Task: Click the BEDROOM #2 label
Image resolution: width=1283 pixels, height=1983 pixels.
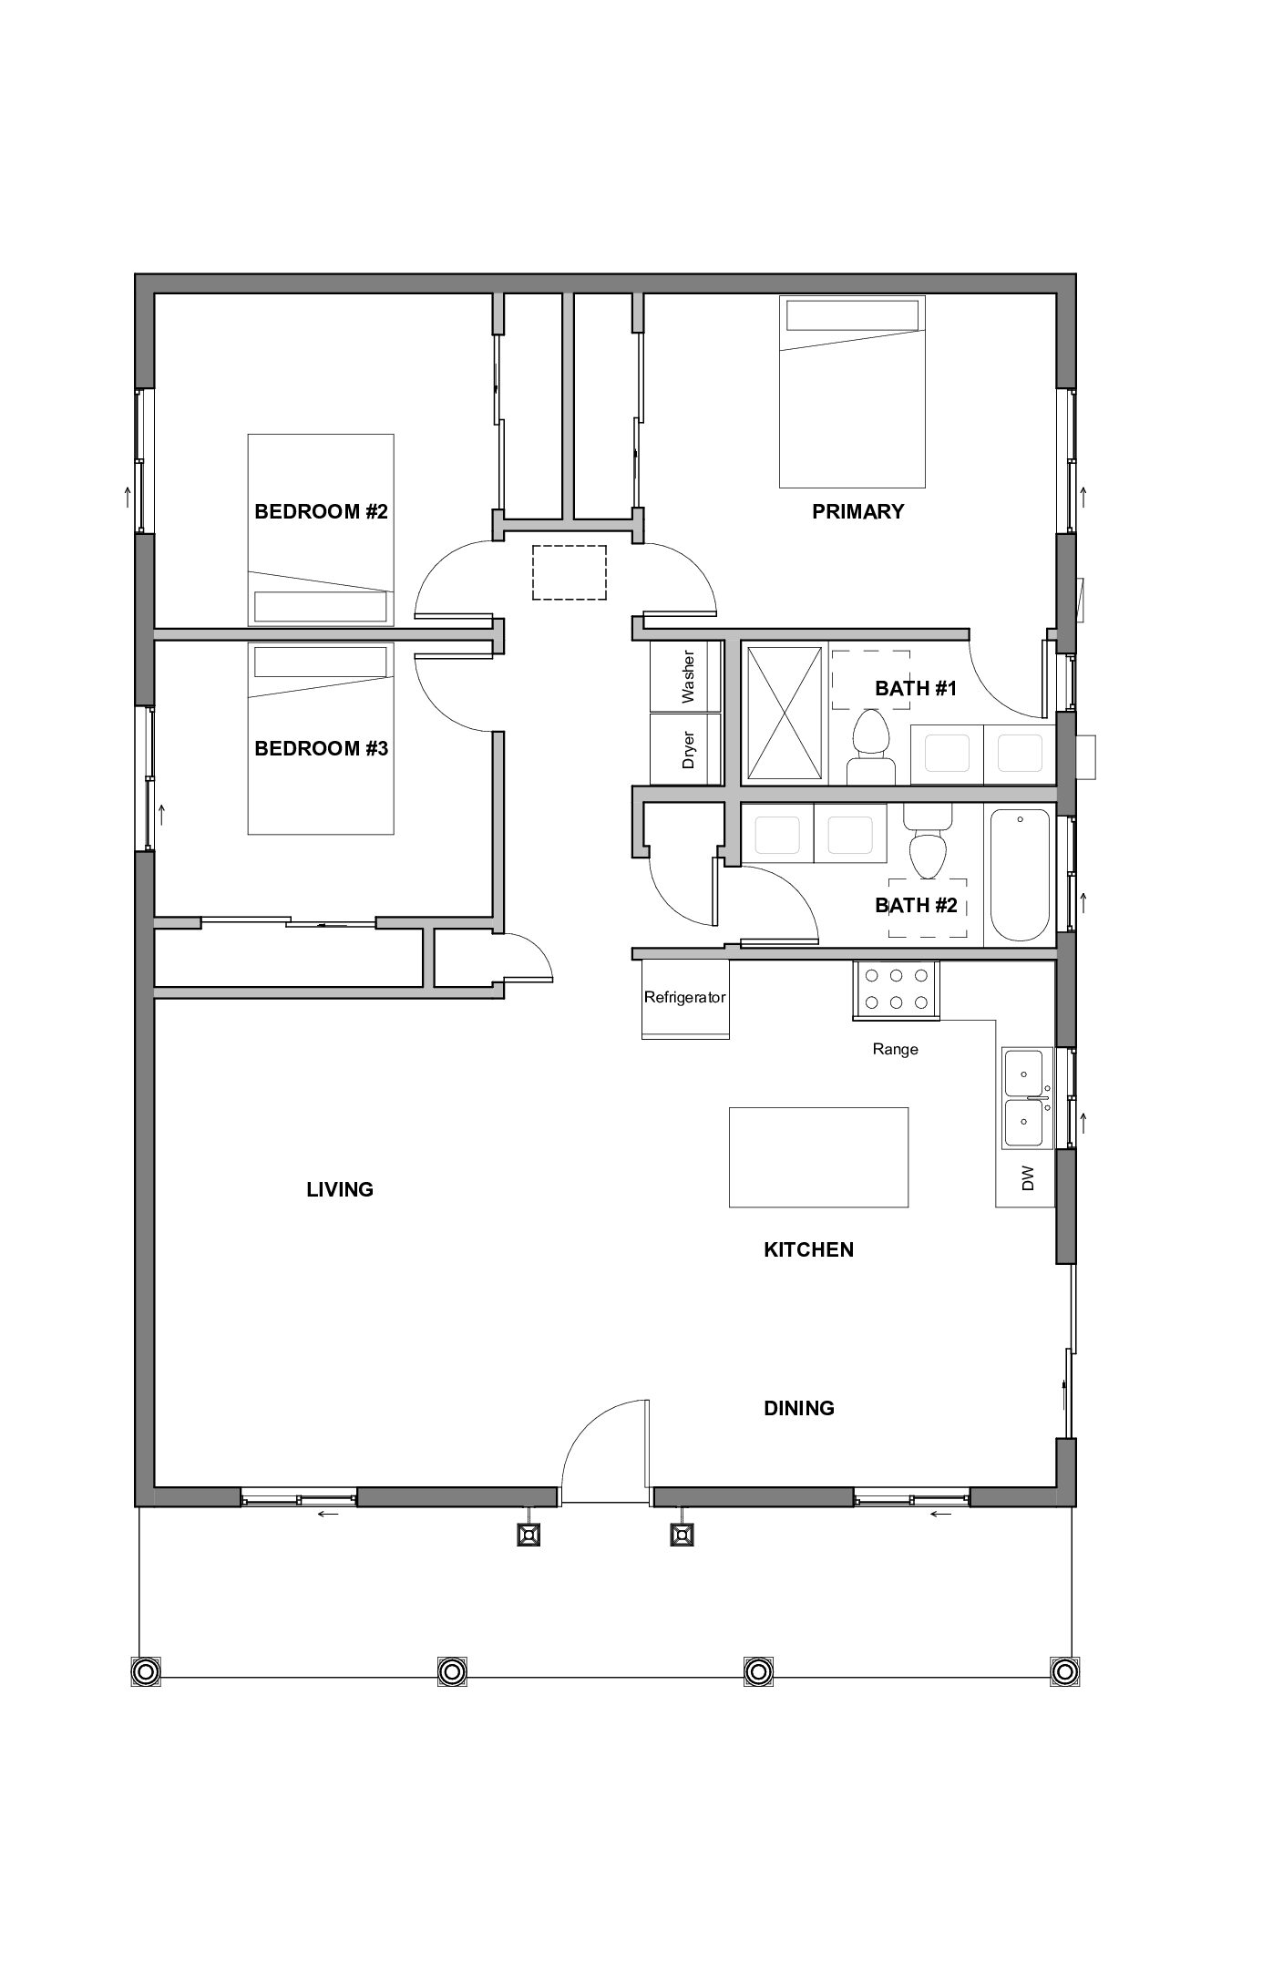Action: coord(321,511)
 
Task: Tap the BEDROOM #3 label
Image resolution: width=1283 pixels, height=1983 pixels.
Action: coord(321,748)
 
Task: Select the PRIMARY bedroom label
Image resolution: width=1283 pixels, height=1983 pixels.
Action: coord(857,511)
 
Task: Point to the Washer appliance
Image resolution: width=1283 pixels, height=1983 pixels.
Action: coord(686,676)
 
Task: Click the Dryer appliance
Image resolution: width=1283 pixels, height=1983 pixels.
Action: coord(686,748)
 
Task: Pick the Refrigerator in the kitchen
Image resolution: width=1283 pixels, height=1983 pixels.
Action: coord(685,998)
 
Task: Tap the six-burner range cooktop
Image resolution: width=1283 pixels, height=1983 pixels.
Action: coord(896,990)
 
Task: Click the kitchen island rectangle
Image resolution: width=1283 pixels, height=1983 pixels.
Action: coord(818,1157)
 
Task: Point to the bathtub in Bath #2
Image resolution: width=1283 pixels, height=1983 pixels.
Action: coord(1020,876)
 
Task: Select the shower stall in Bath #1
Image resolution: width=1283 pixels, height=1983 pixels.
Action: coord(784,712)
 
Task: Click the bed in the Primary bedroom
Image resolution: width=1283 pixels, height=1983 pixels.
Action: coord(852,391)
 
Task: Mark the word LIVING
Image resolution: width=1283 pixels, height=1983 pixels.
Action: coord(340,1189)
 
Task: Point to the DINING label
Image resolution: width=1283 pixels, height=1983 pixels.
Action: coord(798,1408)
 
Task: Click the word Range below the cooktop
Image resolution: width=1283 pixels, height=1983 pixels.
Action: coord(895,1049)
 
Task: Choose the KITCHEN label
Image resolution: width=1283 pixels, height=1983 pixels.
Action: coord(808,1249)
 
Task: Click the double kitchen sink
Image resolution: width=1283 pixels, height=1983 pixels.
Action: coord(1027,1098)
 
